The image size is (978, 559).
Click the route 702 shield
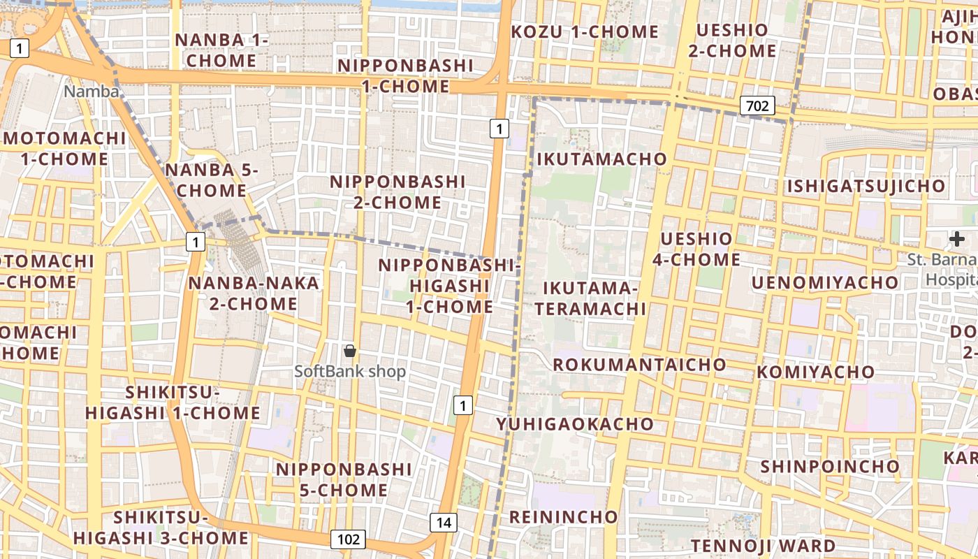tap(757, 106)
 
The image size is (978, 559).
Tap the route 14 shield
tap(443, 522)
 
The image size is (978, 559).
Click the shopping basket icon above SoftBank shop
tap(350, 351)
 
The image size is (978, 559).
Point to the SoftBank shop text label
tap(350, 371)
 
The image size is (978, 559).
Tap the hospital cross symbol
tap(956, 240)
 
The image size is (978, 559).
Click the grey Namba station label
tap(92, 91)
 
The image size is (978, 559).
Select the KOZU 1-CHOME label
tap(585, 31)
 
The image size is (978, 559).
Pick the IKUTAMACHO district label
tap(601, 159)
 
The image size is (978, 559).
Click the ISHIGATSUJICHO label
tap(866, 187)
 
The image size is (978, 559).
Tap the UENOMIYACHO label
tap(824, 282)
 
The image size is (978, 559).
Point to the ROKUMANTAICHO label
tap(639, 364)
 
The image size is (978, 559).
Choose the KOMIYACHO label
tap(815, 372)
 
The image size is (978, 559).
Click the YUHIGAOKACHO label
tap(574, 423)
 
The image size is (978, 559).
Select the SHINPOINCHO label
tap(830, 466)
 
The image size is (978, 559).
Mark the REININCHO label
tap(563, 517)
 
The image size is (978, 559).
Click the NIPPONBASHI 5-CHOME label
tap(344, 479)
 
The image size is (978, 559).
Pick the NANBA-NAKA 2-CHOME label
tap(253, 293)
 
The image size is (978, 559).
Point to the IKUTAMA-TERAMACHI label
tap(594, 298)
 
